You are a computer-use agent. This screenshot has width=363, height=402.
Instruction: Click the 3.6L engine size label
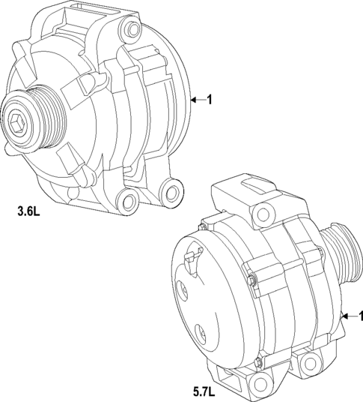coord(28,211)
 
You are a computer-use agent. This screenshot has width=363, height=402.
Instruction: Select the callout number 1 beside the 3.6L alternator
coord(210,100)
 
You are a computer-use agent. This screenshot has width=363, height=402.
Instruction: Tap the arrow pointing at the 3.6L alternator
coord(198,100)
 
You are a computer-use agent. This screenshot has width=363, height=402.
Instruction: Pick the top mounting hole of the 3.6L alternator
coord(134,30)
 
